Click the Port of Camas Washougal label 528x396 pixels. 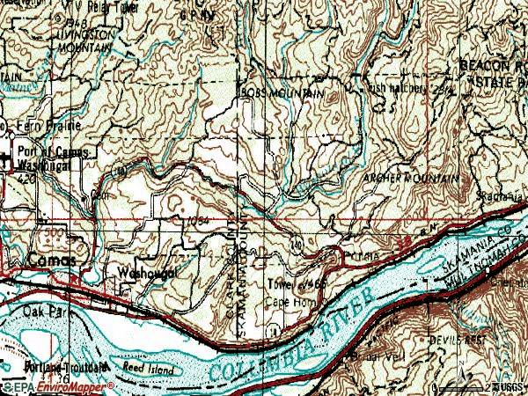52,156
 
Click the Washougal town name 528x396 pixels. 148,273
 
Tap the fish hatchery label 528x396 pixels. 399,87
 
